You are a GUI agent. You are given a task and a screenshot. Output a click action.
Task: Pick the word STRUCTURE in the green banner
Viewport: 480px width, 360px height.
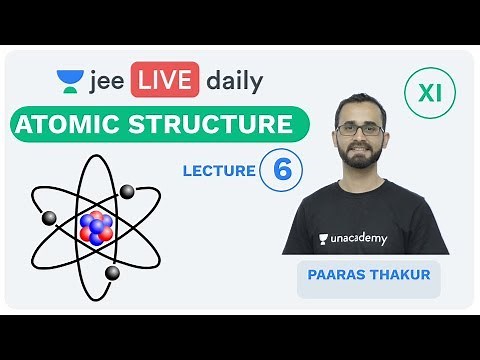click(220, 127)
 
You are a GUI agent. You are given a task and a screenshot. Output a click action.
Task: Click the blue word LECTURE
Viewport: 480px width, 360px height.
click(219, 171)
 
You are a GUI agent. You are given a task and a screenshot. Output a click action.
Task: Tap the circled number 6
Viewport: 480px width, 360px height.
click(281, 170)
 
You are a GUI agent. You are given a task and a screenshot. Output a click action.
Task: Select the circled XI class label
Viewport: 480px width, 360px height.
click(429, 95)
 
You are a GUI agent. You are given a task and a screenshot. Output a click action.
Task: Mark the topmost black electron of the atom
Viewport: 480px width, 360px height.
click(127, 190)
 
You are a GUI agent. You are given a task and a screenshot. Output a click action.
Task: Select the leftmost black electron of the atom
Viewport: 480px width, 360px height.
click(48, 217)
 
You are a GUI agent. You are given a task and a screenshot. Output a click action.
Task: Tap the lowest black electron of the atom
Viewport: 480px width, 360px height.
click(112, 272)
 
